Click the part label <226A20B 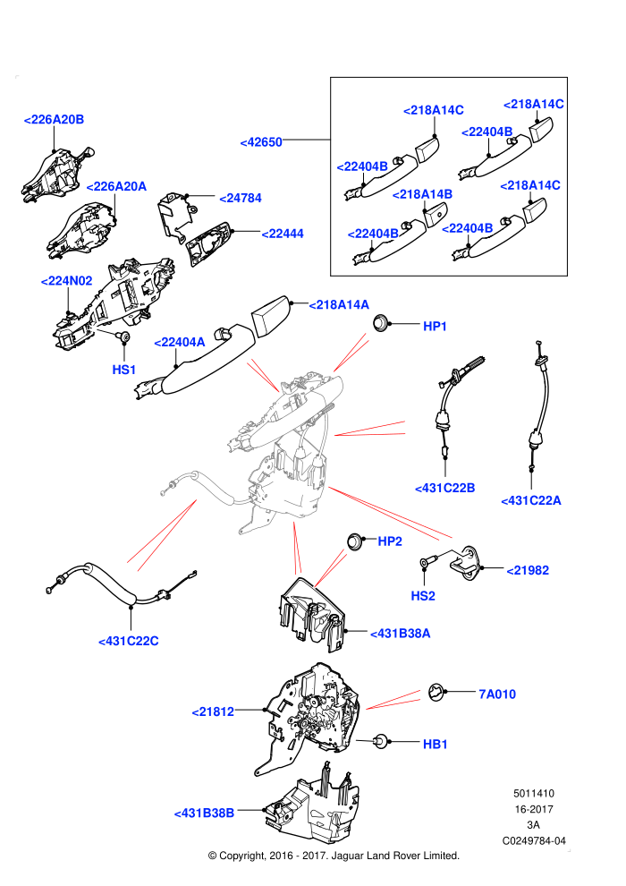pos(55,120)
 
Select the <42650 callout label pos(261,142)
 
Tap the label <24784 pos(241,199)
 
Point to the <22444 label pos(283,234)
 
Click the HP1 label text pos(435,326)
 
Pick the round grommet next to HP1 pos(381,324)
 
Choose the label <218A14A pos(339,305)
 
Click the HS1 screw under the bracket pos(123,337)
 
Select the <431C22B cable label pos(445,489)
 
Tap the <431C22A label pos(531,500)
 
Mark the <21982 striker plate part pos(465,562)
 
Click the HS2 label pos(423,596)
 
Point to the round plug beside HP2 pos(354,541)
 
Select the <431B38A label pos(401,634)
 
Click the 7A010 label pos(497,694)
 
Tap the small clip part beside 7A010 pos(436,692)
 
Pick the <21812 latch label pos(214,712)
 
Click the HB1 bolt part pos(382,741)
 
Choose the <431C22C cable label pos(129,642)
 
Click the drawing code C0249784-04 pos(534,840)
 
